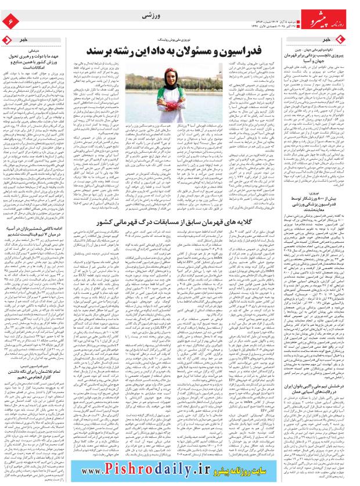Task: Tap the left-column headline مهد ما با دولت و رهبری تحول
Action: pos(38,57)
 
